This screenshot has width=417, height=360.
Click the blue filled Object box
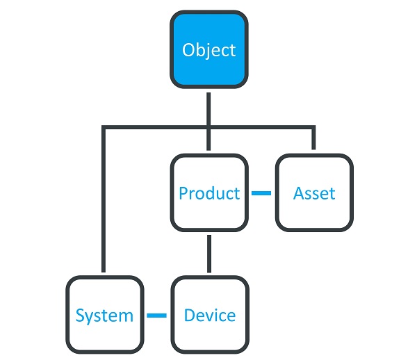click(x=209, y=49)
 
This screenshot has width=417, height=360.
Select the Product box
click(x=209, y=193)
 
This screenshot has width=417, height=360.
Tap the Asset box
click(x=314, y=193)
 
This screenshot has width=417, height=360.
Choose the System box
click(x=105, y=315)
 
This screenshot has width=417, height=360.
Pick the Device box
click(x=210, y=315)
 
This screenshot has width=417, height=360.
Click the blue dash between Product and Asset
click(x=261, y=193)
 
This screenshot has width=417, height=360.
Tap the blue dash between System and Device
click(x=157, y=316)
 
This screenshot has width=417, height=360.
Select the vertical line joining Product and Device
click(x=209, y=254)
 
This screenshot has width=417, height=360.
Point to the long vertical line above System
click(x=104, y=199)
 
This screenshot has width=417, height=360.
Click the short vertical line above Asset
click(x=313, y=138)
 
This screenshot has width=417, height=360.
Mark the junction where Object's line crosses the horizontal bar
click(x=208, y=127)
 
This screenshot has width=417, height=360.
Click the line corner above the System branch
click(x=104, y=127)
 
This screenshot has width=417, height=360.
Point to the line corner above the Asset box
click(x=313, y=127)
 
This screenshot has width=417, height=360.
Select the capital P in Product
click(x=183, y=193)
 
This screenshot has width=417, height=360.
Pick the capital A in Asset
click(x=299, y=193)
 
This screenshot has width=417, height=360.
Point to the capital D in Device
click(x=190, y=315)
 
